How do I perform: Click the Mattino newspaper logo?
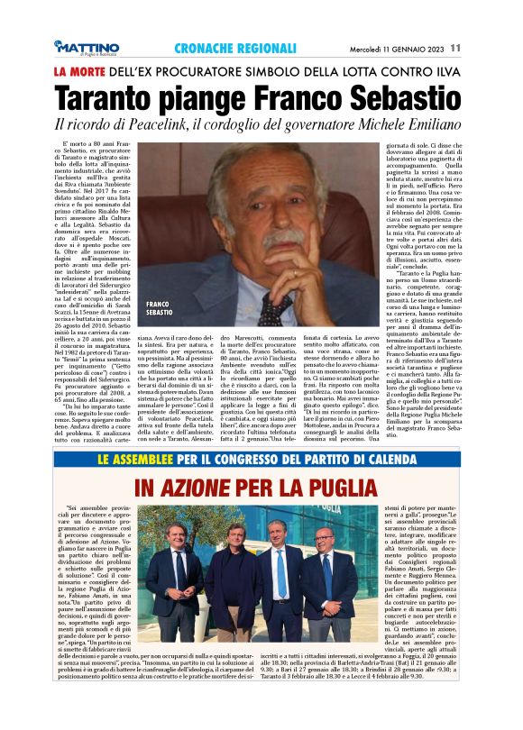[87, 47]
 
